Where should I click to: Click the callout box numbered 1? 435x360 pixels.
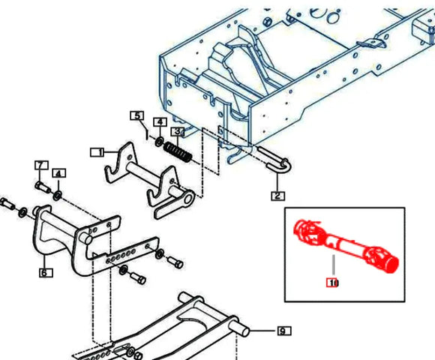pyautogui.click(x=97, y=152)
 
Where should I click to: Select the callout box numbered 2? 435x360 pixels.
pyautogui.click(x=277, y=196)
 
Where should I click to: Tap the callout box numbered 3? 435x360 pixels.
pyautogui.click(x=178, y=131)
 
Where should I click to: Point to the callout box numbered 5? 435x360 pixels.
pyautogui.click(x=137, y=115)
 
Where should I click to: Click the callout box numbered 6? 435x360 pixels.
pyautogui.click(x=45, y=273)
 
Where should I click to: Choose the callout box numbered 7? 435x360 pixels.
pyautogui.click(x=41, y=165)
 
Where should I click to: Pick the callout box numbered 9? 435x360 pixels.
pyautogui.click(x=284, y=331)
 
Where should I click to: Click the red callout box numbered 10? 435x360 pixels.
pyautogui.click(x=332, y=283)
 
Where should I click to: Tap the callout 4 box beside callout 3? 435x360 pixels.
pyautogui.click(x=160, y=122)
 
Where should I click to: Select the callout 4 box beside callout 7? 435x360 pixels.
pyautogui.click(x=58, y=173)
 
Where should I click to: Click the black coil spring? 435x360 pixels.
pyautogui.click(x=178, y=152)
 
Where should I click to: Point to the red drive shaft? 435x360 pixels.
pyautogui.click(x=346, y=246)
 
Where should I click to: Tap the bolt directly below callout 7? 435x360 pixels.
pyautogui.click(x=43, y=187)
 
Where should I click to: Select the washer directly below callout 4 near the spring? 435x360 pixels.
pyautogui.click(x=160, y=142)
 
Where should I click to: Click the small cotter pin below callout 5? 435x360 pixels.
pyautogui.click(x=146, y=131)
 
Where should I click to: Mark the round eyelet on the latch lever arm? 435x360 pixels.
pyautogui.click(x=189, y=199)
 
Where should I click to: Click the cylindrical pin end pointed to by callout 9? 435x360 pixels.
pyautogui.click(x=244, y=330)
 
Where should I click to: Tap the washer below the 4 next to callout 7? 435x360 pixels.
pyautogui.click(x=58, y=196)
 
